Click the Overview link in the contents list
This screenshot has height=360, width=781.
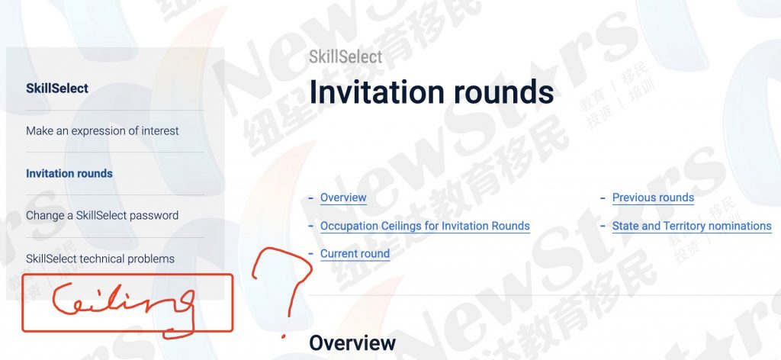(343, 198)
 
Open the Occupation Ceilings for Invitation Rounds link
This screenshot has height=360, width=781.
(425, 226)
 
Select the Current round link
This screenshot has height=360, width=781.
(355, 253)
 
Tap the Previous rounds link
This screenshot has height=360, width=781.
(653, 198)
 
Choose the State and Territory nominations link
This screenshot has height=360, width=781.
(692, 226)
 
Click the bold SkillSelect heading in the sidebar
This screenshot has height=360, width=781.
(57, 88)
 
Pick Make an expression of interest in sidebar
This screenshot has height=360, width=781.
(102, 131)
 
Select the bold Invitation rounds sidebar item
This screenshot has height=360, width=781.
(69, 173)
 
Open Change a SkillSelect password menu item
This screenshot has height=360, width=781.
(102, 216)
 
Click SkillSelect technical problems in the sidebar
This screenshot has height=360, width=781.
(100, 259)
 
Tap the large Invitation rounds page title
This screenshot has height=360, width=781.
(432, 92)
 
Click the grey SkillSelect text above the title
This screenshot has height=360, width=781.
(346, 56)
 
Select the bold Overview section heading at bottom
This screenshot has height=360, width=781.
(352, 343)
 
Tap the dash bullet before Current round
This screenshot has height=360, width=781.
(311, 253)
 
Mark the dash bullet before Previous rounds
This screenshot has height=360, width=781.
(603, 198)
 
